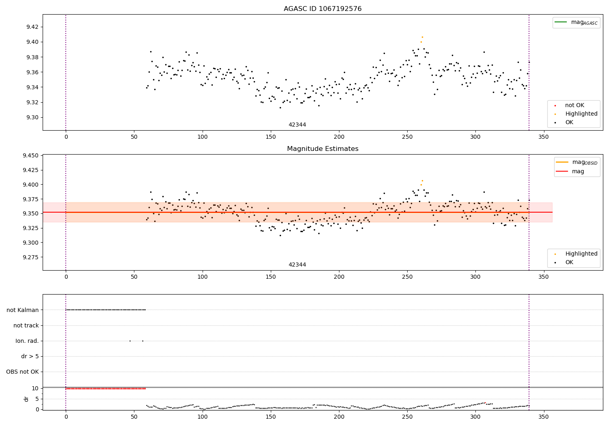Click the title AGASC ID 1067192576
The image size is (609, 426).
point(322,9)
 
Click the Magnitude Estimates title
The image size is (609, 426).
point(322,149)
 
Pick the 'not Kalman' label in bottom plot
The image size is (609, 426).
point(23,310)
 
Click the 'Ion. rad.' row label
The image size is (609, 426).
point(27,341)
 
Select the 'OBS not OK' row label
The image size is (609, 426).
point(22,372)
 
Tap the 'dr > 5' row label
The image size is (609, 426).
point(30,356)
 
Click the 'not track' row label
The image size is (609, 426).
point(26,325)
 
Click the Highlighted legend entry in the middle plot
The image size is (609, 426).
point(581,254)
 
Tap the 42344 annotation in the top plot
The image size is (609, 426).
point(297,125)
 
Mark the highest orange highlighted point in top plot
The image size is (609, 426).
point(422,37)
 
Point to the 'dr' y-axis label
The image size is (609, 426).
point(26,399)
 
